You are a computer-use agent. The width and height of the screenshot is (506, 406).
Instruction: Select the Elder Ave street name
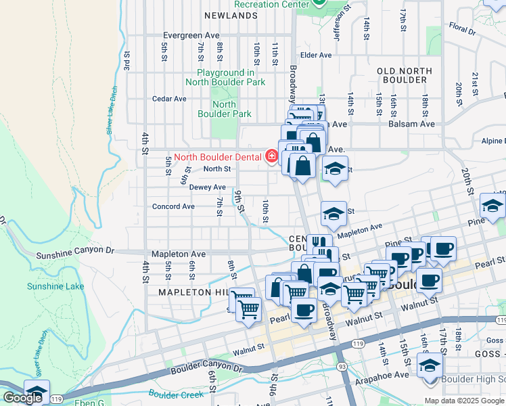pos(316,55)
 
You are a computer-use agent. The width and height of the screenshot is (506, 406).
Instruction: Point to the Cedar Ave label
pos(169,99)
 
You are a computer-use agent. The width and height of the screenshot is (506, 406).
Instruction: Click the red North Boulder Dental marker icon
pos(272,157)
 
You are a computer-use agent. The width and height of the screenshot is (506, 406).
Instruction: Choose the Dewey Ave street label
pos(207,187)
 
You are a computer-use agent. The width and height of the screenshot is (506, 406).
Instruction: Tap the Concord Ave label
pos(173,206)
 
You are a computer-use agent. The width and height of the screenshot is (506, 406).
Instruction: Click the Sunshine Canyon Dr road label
pos(74,254)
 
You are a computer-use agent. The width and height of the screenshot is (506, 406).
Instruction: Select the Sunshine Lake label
pos(55,286)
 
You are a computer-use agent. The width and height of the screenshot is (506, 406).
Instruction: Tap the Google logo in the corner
pos(22,398)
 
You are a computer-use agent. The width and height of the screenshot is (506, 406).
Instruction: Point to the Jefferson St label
pos(340,24)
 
